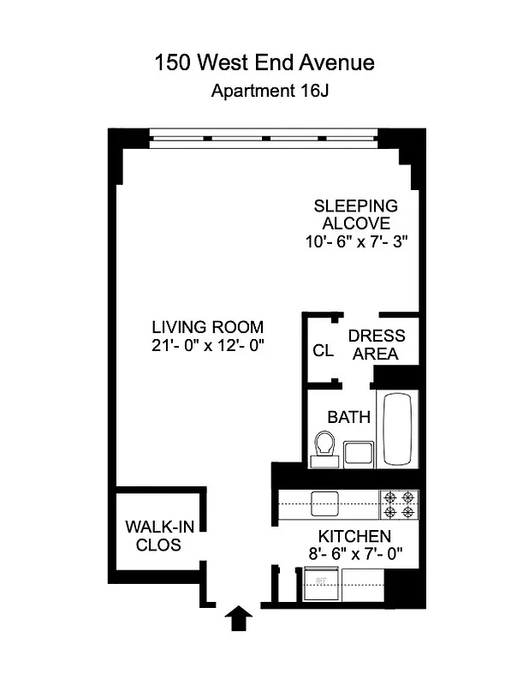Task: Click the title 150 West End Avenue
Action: click(264, 63)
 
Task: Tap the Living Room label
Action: click(207, 327)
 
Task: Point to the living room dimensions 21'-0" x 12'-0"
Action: click(207, 346)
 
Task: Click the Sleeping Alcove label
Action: click(355, 214)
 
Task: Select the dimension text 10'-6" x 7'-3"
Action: click(355, 241)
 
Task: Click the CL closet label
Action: click(323, 350)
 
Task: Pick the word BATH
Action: click(349, 418)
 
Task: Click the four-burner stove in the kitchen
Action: click(399, 503)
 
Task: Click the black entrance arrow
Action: click(239, 617)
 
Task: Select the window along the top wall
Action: click(263, 135)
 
